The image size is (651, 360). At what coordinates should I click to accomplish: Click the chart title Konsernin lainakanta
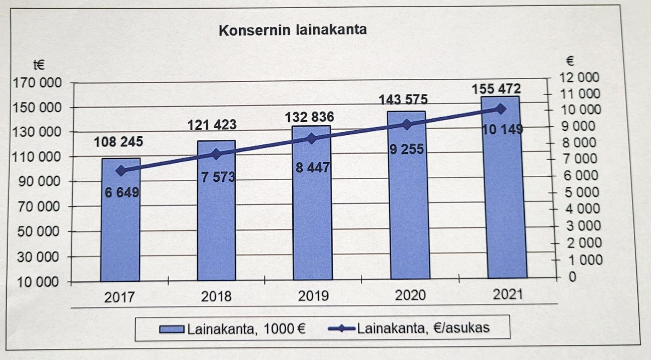click(293, 30)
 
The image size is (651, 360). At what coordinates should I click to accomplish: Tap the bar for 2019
click(312, 217)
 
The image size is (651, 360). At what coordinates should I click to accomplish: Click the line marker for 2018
click(216, 154)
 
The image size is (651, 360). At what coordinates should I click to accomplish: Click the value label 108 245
click(119, 142)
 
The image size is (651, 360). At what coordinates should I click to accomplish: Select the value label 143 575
click(404, 99)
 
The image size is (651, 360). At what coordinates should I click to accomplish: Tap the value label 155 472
click(496, 89)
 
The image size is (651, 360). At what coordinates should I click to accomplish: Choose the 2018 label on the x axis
click(216, 296)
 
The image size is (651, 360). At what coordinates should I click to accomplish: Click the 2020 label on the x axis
click(410, 295)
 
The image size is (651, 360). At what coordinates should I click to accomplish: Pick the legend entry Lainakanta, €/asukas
click(409, 328)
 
